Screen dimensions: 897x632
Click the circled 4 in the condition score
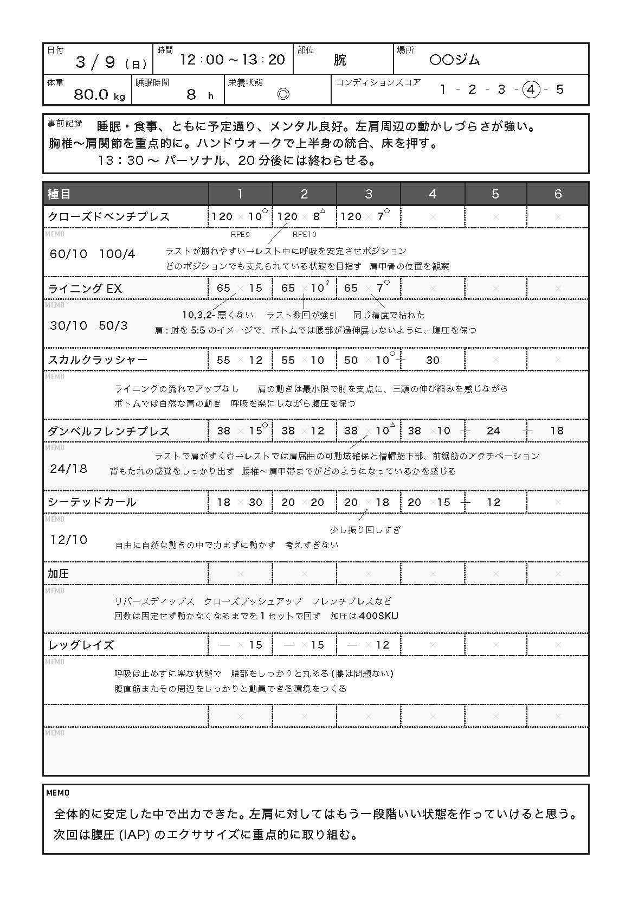531,90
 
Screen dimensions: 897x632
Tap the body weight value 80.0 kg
99,94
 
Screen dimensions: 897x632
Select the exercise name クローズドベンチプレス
109,216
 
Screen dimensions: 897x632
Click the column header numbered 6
558,194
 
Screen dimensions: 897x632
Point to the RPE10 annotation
304,234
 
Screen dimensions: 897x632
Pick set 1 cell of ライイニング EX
240,288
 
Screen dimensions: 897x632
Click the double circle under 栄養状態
283,94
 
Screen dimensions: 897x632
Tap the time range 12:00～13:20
233,60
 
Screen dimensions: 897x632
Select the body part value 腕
340,60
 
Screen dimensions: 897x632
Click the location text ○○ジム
454,60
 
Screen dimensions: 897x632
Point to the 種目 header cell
60,194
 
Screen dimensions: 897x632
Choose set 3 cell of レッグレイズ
368,645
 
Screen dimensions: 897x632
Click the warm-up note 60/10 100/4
92,254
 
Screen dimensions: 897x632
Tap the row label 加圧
59,574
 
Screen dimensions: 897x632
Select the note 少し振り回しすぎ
365,530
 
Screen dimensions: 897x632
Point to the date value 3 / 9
95,62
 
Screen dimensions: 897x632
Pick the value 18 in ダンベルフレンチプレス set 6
557,431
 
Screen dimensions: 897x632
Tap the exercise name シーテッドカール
92,502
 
